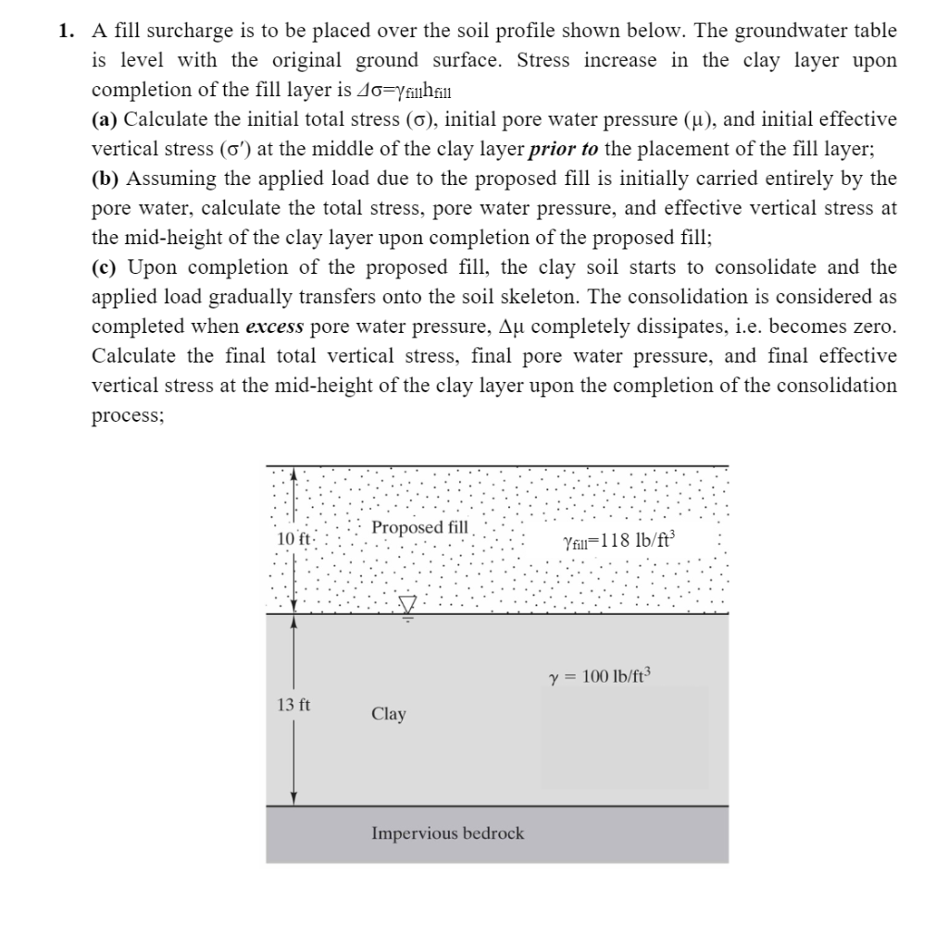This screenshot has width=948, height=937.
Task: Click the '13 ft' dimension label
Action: [x=293, y=705]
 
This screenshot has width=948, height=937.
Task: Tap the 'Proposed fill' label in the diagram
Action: [x=419, y=527]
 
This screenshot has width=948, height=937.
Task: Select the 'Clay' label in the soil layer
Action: [x=388, y=714]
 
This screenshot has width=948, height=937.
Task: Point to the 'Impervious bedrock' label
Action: [x=447, y=833]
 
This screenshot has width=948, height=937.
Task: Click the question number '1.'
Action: [x=66, y=31]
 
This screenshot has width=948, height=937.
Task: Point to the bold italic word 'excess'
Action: [x=275, y=327]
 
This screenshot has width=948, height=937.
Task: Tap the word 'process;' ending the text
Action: [x=128, y=415]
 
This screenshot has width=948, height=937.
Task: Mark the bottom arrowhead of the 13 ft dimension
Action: [x=293, y=798]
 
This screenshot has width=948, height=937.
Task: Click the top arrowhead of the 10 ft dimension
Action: [x=293, y=473]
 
